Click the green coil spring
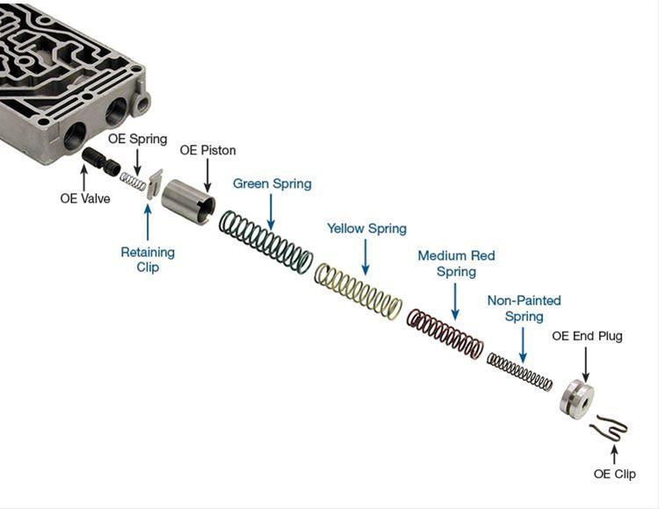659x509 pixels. point(265,240)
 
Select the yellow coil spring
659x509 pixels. point(358,290)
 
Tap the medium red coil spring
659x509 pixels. point(445,333)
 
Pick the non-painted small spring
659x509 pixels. point(519,370)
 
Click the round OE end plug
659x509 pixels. point(576,398)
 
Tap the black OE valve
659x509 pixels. point(101,163)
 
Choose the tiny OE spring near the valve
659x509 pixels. point(133,180)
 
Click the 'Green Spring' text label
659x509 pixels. point(272,183)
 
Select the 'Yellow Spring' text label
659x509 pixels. point(366,228)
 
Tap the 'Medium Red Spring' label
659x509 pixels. point(456,263)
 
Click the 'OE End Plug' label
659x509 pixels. point(586,335)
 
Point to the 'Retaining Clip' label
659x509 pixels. point(148,259)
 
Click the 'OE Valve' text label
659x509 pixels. point(85,198)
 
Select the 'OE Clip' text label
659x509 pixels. point(614,474)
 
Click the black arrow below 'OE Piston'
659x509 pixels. point(207,177)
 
